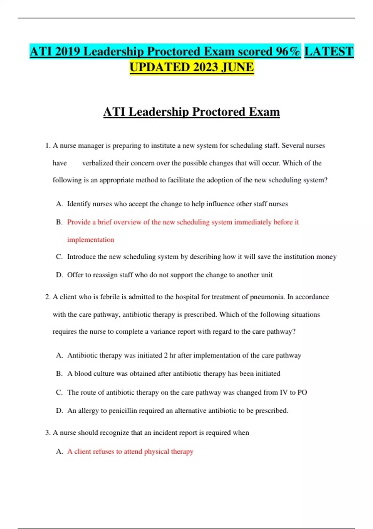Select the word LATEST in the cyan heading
coord(329,51)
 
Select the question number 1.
coord(47,146)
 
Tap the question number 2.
coord(47,297)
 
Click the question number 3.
coord(47,433)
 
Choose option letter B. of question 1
coord(59,222)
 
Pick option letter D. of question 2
coord(59,411)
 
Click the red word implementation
coord(91,240)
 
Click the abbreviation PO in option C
coord(302,392)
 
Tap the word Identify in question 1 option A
coord(79,204)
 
